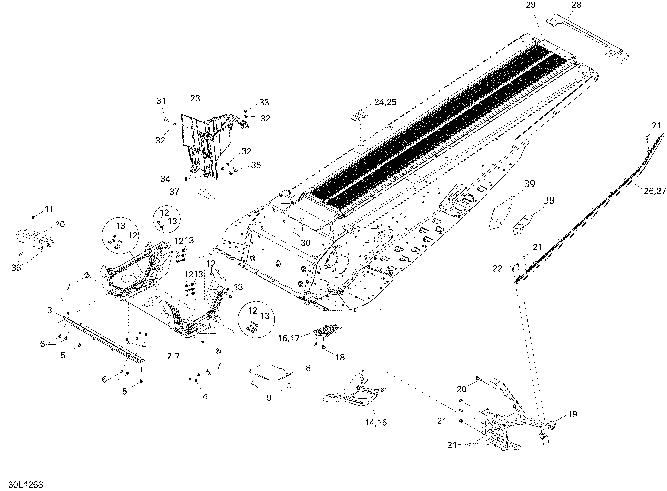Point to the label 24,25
point(385,102)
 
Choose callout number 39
point(530,184)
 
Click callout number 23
point(195,98)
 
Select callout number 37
point(174,192)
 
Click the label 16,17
point(289,338)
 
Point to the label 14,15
point(376,422)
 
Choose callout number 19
point(573,414)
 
